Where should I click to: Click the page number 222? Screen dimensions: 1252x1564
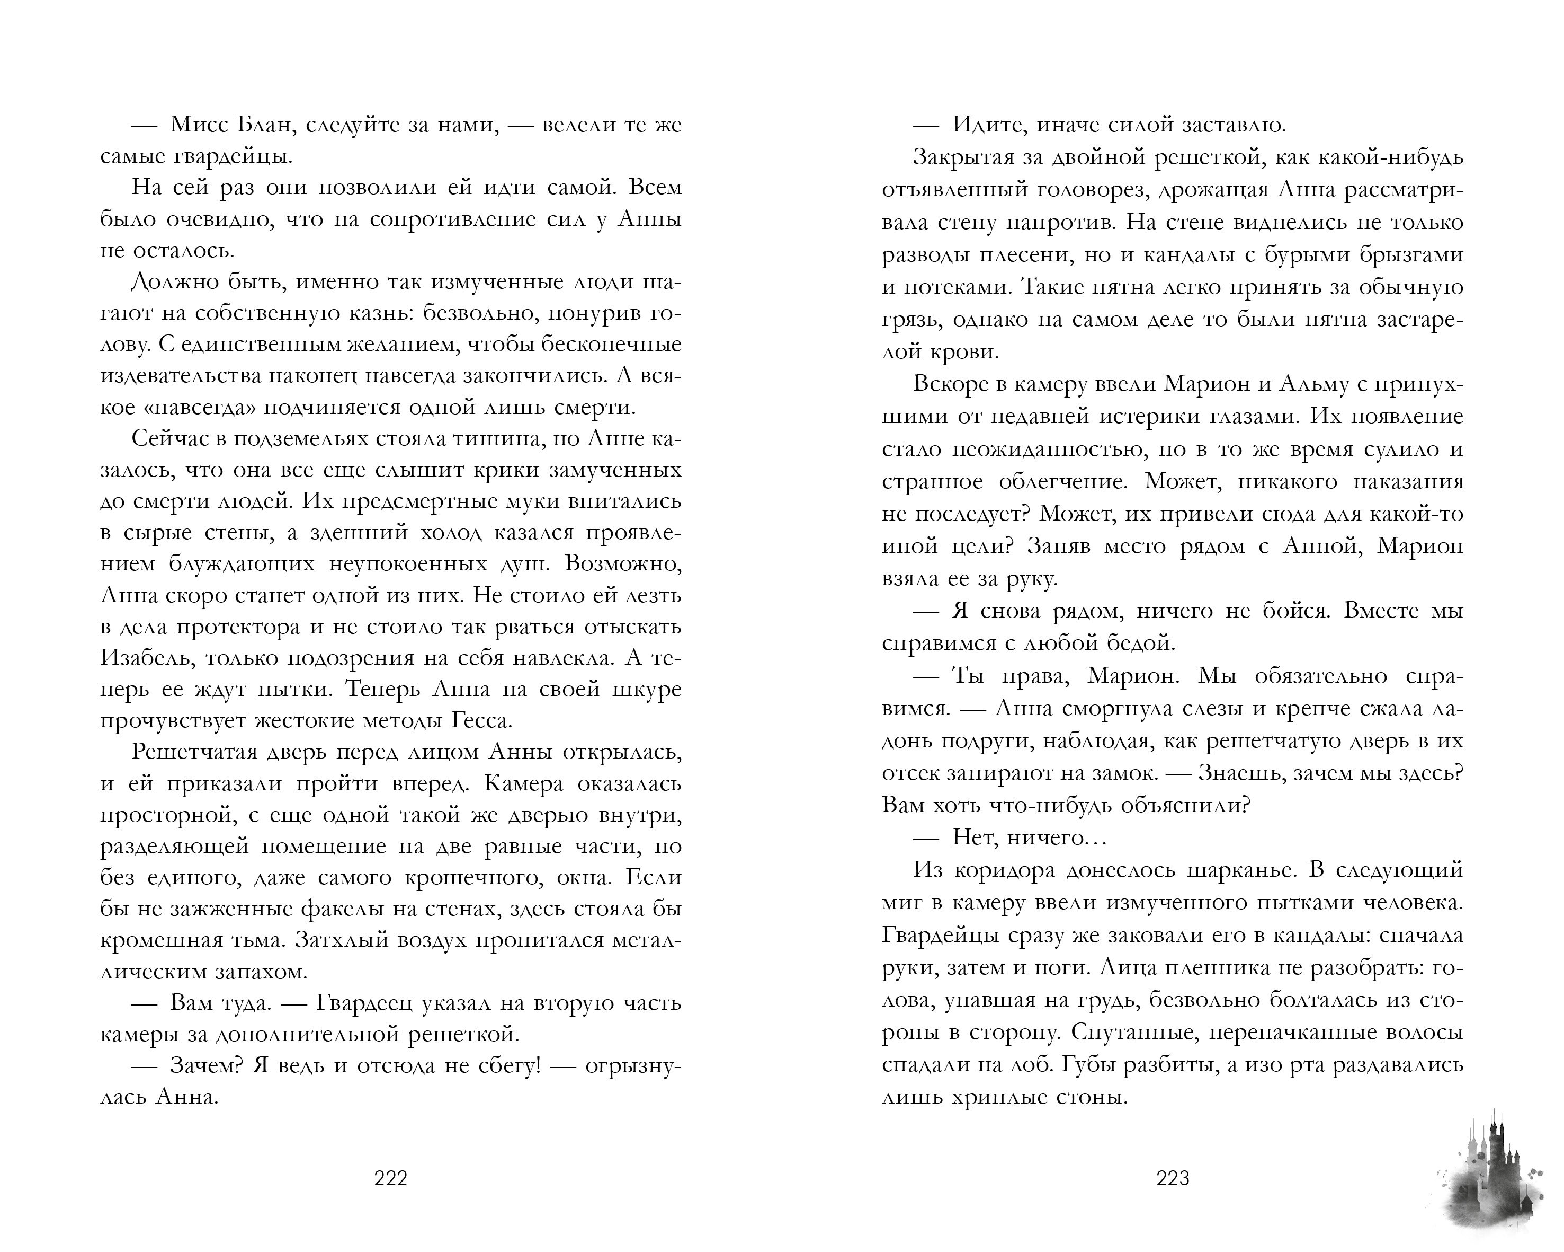pos(390,1177)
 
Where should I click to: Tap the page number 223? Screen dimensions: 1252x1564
pos(1172,1177)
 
